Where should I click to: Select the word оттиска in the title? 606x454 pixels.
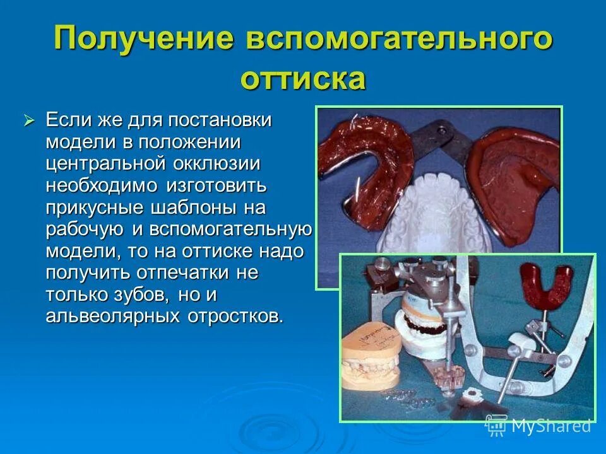pyautogui.click(x=302, y=79)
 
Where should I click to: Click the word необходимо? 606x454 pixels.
pyautogui.click(x=102, y=186)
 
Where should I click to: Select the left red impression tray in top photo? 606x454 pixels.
pyautogui.click(x=366, y=164)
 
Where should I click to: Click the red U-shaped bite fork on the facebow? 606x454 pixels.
pyautogui.click(x=545, y=284)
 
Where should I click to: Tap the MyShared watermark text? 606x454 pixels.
pyautogui.click(x=549, y=426)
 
